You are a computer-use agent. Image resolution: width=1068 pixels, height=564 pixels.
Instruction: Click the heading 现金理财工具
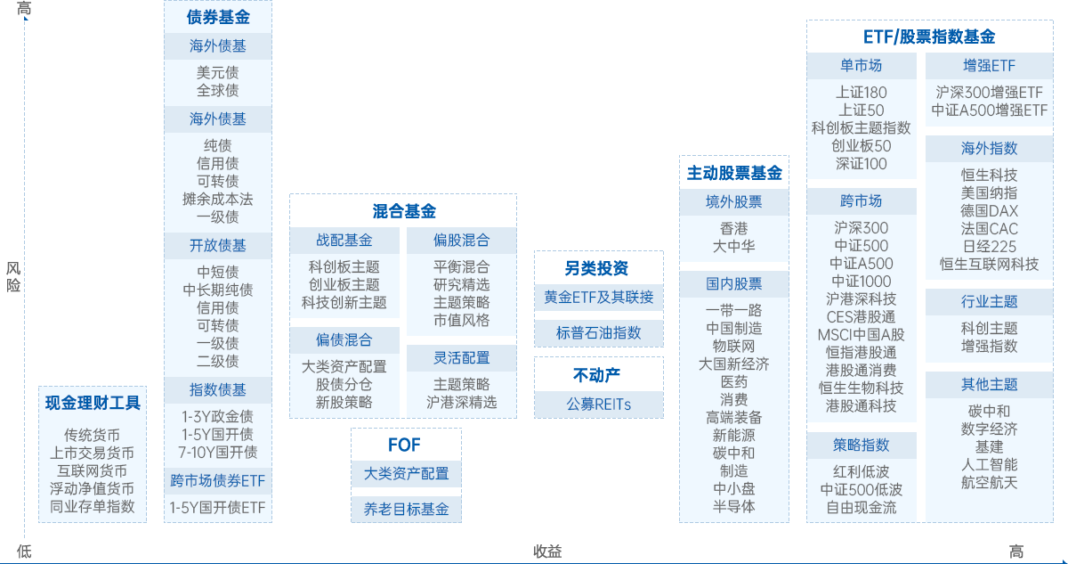pos(93,403)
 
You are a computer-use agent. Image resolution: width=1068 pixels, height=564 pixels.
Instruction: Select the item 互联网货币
pos(93,470)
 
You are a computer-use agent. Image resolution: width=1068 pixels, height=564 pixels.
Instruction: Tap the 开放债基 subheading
pos(218,245)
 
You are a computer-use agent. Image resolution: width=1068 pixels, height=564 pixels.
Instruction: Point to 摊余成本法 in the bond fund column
pos(218,199)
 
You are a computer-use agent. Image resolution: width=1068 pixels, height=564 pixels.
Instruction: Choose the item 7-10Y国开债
pos(218,452)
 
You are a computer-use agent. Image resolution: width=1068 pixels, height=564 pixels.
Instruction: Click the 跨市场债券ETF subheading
pos(218,481)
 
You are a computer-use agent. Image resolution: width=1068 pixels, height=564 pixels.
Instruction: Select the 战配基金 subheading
pos(344,240)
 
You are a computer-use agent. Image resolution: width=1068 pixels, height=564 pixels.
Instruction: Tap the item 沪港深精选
pos(461,402)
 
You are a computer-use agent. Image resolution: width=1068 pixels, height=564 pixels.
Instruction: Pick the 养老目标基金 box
pos(406,510)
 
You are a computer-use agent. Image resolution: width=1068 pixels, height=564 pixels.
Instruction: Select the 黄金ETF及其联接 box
pos(598,297)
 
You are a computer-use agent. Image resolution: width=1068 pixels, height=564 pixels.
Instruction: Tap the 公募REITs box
pos(598,404)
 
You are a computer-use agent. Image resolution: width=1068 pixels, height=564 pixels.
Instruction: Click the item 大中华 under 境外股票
pos(733,246)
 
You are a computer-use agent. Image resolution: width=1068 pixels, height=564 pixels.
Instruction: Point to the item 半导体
pos(733,505)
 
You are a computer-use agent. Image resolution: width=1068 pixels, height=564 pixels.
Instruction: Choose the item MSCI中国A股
pos(861,334)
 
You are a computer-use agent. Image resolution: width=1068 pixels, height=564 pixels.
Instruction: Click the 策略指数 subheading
pos(861,445)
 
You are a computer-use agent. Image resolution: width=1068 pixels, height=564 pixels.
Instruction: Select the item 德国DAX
pos(989,210)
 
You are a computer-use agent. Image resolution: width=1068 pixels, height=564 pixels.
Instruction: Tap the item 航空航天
pos(989,482)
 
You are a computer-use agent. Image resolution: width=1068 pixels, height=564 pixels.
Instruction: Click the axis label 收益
pos(547,552)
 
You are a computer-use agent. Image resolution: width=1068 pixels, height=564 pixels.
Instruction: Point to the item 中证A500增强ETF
pos(989,110)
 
